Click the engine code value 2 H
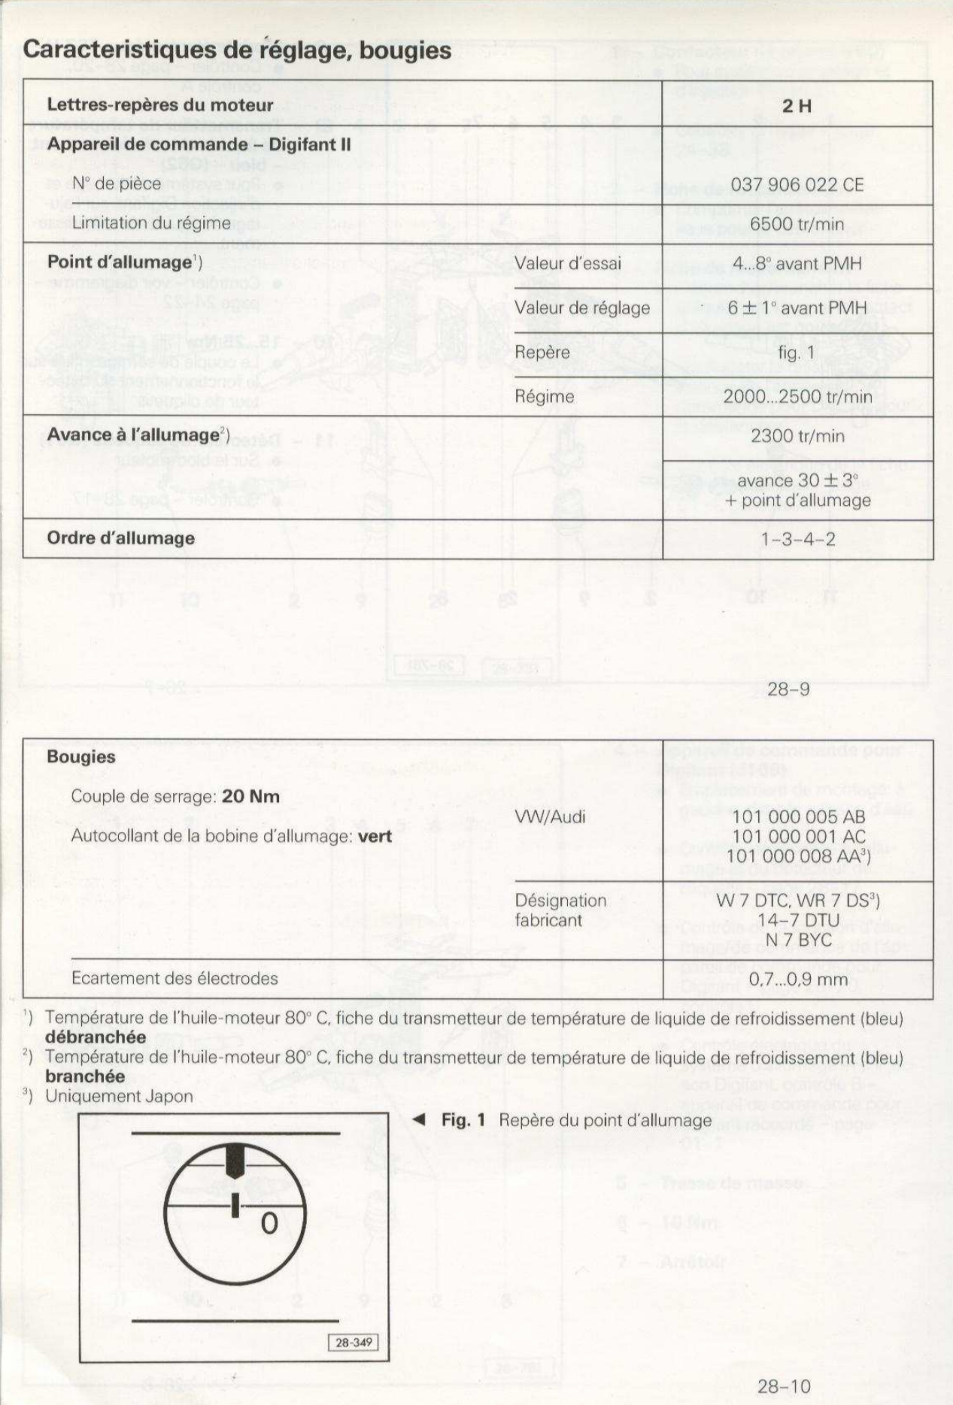[797, 106]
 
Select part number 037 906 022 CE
[797, 185]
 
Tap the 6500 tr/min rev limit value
[797, 224]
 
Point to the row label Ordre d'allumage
[120, 538]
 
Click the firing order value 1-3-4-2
[797, 539]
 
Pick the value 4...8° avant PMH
[797, 264]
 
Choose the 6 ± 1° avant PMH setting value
[797, 307]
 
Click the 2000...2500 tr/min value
[797, 397]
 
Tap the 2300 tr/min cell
[797, 436]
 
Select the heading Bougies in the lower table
[81, 757]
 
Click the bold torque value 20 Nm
[250, 797]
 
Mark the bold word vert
[375, 836]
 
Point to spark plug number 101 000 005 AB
[798, 817]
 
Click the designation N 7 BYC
[798, 940]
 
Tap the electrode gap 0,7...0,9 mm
[798, 980]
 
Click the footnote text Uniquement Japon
[119, 1096]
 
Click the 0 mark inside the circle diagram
[269, 1224]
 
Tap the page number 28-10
[784, 1387]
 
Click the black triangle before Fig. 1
[419, 1120]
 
